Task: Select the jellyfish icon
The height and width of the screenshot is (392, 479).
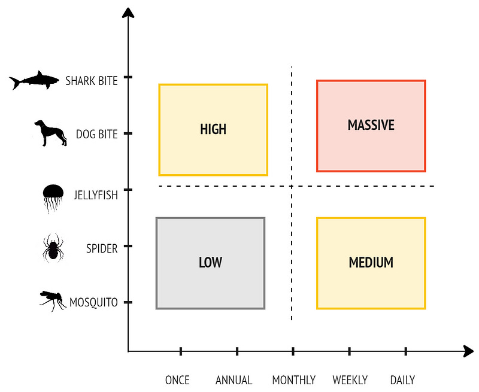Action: coord(53,197)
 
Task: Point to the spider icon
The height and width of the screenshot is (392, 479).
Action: coord(53,248)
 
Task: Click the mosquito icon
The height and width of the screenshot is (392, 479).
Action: coord(53,300)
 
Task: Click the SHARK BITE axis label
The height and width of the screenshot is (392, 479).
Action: coord(92,81)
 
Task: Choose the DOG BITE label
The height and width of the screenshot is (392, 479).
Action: coord(97,134)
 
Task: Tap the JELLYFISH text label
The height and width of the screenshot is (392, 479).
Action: coord(96,195)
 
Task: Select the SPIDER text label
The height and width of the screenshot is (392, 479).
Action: coord(102,248)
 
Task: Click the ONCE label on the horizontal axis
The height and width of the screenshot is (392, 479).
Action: coord(177,380)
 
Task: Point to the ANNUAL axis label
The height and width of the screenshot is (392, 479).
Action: coord(234,380)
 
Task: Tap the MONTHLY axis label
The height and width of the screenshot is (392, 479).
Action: coord(294,380)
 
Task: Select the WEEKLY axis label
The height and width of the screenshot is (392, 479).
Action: coord(350,380)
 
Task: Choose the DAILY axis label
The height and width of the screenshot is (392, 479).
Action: coord(402,380)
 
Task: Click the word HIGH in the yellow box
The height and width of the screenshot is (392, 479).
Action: coord(213,129)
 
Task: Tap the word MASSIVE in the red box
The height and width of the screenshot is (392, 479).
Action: coord(371,125)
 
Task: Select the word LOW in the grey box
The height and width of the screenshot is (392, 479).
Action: coord(210,262)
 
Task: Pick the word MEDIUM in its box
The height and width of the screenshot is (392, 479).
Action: coord(371,262)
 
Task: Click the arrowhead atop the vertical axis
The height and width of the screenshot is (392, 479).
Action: coord(128,13)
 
